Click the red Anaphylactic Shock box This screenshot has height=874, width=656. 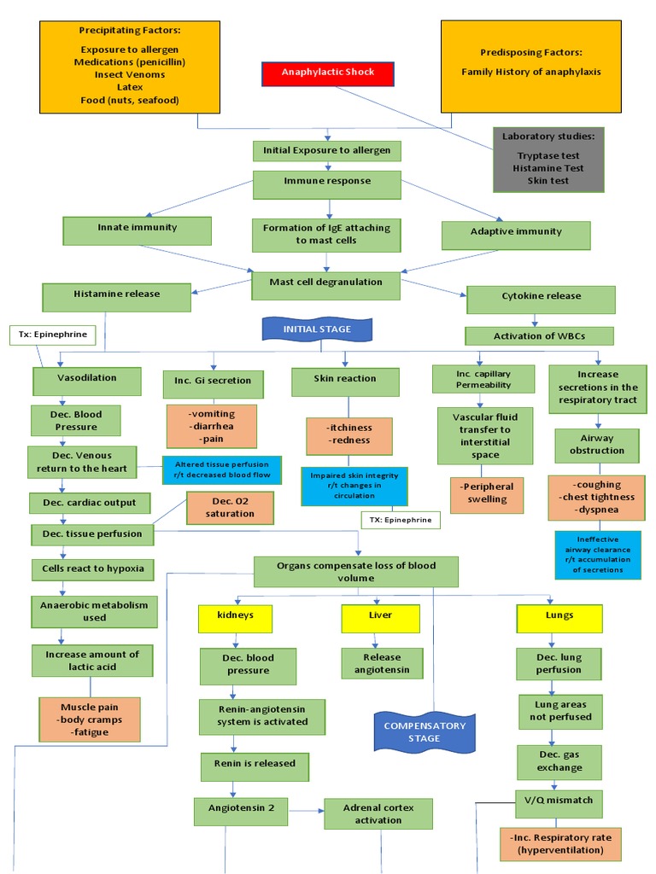(328, 73)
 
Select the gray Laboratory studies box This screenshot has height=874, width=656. (548, 160)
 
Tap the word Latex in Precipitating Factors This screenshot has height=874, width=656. (130, 87)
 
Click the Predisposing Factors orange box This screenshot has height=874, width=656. (530, 67)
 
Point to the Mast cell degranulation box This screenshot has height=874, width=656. (325, 283)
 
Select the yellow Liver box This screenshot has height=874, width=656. (380, 616)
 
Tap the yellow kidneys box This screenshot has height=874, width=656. (234, 616)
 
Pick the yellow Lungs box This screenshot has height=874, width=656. (559, 616)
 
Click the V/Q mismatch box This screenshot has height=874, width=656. (559, 803)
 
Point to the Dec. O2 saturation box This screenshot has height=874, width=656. (230, 508)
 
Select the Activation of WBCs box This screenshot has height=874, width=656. (539, 335)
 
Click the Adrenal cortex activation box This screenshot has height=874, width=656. (378, 813)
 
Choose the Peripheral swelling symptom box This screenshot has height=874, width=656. (487, 494)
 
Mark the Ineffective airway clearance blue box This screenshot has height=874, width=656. (597, 555)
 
